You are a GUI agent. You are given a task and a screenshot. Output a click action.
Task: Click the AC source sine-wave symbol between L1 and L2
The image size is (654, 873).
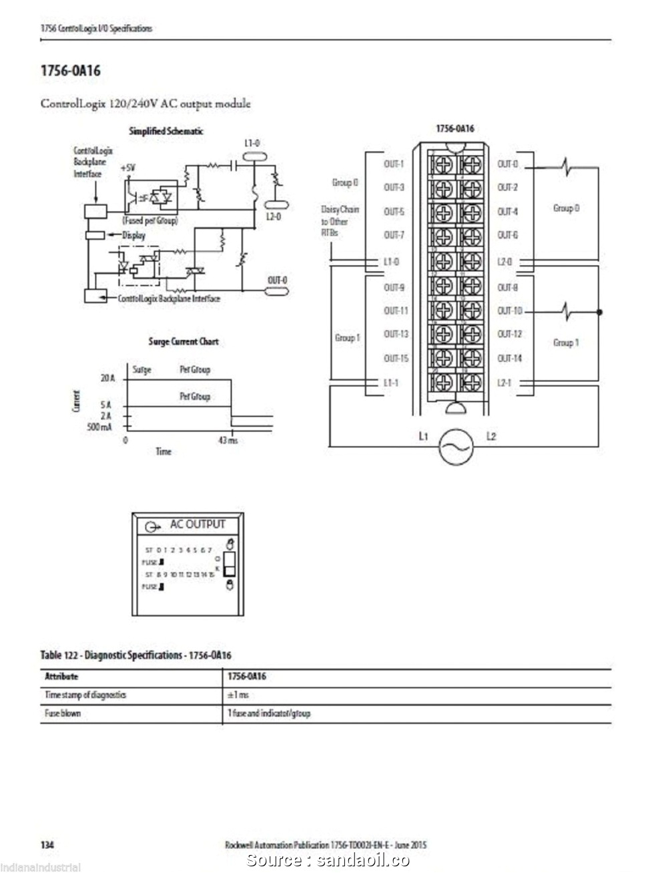(x=455, y=446)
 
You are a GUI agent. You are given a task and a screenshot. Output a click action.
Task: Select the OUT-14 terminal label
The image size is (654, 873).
(x=510, y=359)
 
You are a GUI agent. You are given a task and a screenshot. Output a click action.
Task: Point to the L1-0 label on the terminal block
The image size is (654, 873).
(x=392, y=261)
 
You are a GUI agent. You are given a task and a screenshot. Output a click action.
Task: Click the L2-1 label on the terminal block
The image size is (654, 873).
(x=505, y=383)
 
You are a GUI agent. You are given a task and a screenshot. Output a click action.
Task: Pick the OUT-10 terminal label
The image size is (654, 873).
(x=510, y=311)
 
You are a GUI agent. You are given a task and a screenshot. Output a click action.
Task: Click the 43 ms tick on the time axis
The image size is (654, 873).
(x=228, y=440)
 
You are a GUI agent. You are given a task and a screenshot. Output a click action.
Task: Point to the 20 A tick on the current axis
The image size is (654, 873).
(x=108, y=378)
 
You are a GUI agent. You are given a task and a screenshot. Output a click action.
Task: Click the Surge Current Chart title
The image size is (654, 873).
(x=183, y=341)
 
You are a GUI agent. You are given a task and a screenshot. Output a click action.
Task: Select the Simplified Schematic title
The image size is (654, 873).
(x=166, y=131)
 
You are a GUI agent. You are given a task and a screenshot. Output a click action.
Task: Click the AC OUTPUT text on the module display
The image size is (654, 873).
(x=198, y=524)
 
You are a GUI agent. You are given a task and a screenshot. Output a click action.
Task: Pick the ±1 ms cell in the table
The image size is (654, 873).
(x=238, y=695)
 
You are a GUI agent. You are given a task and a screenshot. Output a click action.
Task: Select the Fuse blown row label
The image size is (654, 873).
(x=63, y=713)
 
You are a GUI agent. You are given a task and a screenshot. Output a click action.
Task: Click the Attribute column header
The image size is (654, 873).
(x=61, y=677)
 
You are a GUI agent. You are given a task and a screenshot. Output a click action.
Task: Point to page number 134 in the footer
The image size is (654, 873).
(x=47, y=845)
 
